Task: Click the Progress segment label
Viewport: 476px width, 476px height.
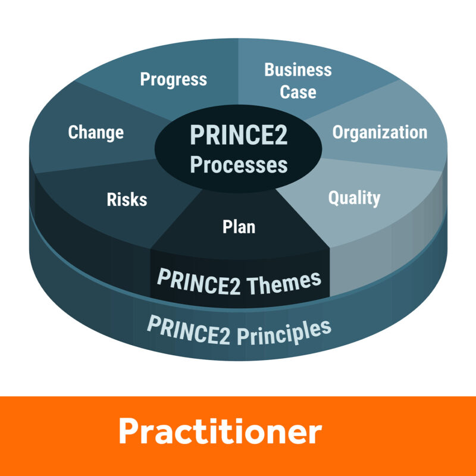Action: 173,80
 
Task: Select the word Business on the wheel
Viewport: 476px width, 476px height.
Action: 298,70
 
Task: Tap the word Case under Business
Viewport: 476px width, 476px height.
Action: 298,92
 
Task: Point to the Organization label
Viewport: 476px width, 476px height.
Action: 380,133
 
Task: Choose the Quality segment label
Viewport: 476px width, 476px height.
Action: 354,199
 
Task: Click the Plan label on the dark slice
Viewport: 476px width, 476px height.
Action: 239,227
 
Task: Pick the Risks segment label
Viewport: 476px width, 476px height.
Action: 127,199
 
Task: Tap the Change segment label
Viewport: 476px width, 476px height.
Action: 96,133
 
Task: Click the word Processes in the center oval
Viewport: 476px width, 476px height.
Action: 239,165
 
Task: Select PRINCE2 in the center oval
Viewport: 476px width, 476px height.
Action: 239,135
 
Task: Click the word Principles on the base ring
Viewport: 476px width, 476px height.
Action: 284,333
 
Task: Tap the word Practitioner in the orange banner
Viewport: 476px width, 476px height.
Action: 220,431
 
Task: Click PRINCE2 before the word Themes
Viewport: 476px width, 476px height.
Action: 199,281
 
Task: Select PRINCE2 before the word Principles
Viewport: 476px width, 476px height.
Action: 189,330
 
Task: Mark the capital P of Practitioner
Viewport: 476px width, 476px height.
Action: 129,431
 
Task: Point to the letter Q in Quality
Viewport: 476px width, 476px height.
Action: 334,198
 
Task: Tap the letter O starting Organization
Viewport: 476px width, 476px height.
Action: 337,132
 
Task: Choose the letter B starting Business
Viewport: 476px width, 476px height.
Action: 270,70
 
